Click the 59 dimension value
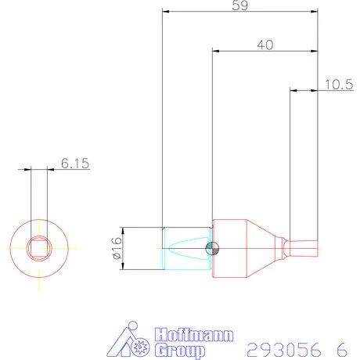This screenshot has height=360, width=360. pos(242,5)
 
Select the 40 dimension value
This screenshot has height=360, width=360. pos(265,45)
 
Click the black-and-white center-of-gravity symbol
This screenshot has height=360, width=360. pos(210,249)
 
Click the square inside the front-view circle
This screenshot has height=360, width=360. pos(38,249)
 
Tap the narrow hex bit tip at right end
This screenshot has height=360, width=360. pos(305,249)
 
